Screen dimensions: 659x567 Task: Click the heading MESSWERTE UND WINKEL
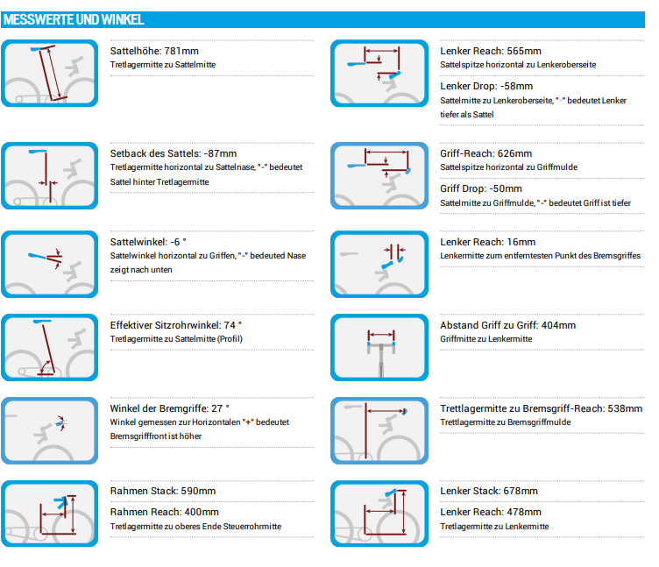(x=74, y=20)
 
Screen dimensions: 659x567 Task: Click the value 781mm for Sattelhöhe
(x=181, y=51)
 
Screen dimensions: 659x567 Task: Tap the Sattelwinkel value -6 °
(x=178, y=242)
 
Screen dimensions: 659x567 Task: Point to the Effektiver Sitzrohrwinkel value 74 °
(x=233, y=325)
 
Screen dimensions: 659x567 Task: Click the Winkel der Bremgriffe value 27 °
(x=220, y=408)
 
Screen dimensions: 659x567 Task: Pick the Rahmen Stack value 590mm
(x=198, y=491)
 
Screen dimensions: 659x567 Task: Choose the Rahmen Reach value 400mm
(x=201, y=512)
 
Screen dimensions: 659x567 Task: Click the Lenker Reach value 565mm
(x=524, y=51)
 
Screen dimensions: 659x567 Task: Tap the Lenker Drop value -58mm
(x=516, y=86)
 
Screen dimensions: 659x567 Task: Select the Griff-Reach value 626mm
(x=514, y=153)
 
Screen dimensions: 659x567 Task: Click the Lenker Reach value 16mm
(x=521, y=242)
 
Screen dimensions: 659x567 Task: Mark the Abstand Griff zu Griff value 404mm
(x=558, y=325)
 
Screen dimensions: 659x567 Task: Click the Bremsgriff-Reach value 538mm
(x=625, y=408)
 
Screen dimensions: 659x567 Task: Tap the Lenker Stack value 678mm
(x=521, y=491)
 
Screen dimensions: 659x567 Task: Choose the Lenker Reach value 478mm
(x=524, y=512)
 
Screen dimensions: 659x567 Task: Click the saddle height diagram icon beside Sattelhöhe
(x=50, y=73)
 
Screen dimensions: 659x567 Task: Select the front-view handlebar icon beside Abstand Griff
(x=379, y=348)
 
